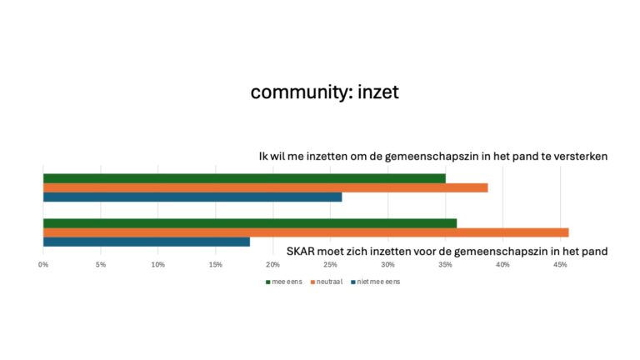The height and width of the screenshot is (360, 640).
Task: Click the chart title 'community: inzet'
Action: (324, 92)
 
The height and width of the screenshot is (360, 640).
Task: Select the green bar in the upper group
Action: (244, 178)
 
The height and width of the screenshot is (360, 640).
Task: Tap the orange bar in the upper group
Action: (265, 187)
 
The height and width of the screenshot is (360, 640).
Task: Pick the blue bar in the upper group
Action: (192, 197)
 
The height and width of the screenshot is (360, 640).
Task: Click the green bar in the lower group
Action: (250, 222)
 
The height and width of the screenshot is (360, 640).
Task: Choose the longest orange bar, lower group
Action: (306, 232)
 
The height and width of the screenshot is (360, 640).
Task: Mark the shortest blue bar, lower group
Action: (147, 242)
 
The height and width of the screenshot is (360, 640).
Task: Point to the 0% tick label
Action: (43, 265)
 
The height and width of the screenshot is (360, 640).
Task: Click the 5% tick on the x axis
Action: (101, 265)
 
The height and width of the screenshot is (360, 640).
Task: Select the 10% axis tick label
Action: (157, 265)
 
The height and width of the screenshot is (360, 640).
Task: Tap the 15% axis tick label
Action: (215, 265)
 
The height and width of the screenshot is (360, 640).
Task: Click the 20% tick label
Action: (272, 265)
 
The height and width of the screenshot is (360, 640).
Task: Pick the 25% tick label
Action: (330, 265)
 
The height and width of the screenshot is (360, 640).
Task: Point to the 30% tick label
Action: (387, 265)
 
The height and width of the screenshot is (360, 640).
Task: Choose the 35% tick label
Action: (445, 265)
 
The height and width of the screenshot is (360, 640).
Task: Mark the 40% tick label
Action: (502, 265)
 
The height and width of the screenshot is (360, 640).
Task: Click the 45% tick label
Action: (560, 265)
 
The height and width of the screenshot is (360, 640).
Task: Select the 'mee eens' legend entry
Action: (283, 282)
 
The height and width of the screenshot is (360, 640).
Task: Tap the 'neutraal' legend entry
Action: (327, 282)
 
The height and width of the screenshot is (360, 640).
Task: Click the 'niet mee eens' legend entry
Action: (376, 282)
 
